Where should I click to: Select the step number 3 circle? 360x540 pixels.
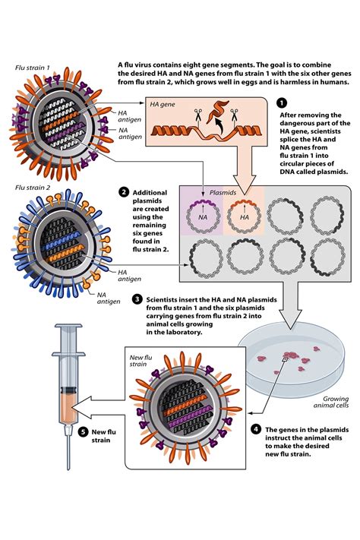[136, 299]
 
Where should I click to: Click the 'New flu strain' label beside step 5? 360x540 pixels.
[104, 436]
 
